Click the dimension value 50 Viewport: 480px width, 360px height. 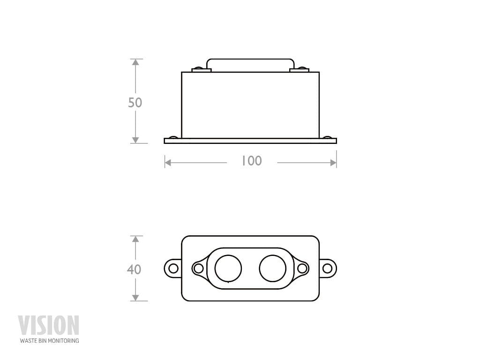135,102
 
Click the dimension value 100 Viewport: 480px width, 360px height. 252,161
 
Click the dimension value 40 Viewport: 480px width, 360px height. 134,270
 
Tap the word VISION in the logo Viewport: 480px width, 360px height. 49,325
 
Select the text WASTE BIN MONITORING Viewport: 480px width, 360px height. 49,341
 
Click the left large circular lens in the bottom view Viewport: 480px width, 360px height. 228,269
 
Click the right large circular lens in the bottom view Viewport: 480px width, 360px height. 273,269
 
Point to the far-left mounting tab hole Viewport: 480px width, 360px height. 173,269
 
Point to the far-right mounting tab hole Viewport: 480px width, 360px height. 327,269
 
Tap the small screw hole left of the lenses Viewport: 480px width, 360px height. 198,269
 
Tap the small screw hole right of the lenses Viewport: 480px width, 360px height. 302,269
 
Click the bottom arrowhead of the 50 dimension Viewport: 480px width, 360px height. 135,140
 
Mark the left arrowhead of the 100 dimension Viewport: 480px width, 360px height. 168,163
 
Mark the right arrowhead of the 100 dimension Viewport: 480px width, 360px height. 333,163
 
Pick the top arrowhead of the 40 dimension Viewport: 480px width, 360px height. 135,239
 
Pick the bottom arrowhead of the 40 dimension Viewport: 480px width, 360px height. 135,298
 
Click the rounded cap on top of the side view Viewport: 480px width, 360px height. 250,65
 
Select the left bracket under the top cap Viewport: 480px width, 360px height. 202,70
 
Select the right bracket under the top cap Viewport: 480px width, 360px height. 300,70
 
